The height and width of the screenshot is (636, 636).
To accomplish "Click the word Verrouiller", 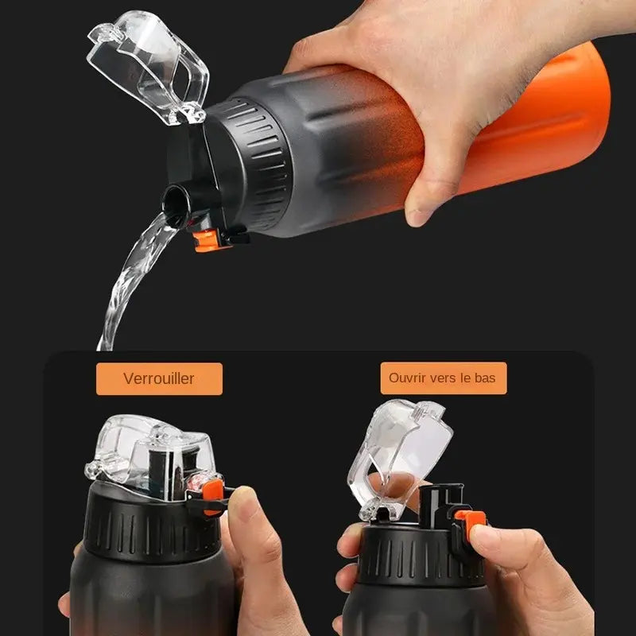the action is (x=158, y=378).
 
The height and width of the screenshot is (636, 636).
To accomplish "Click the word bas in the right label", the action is (x=485, y=378).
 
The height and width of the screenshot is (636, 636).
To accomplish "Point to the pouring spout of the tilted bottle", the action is (x=177, y=205).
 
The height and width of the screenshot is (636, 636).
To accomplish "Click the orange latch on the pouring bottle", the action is (x=207, y=241).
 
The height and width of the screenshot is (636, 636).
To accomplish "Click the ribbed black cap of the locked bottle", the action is (x=152, y=527).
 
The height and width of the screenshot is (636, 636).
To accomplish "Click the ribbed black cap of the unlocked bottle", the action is (x=422, y=556).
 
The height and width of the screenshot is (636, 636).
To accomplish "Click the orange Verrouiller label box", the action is (x=160, y=379).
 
